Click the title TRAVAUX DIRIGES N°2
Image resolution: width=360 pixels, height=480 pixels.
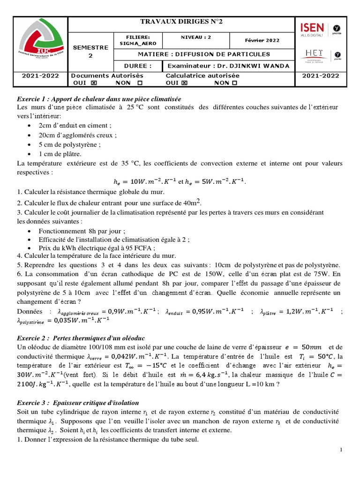(x=181, y=22)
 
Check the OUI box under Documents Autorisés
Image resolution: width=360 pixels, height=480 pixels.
(x=93, y=83)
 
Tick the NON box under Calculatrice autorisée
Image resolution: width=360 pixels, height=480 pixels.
(x=234, y=83)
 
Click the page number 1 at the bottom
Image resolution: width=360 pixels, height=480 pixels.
(x=341, y=450)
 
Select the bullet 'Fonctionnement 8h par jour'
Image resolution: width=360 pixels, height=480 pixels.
(x=82, y=231)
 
